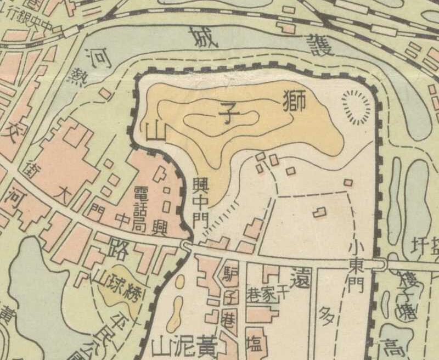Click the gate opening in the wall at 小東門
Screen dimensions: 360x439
[378, 264]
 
